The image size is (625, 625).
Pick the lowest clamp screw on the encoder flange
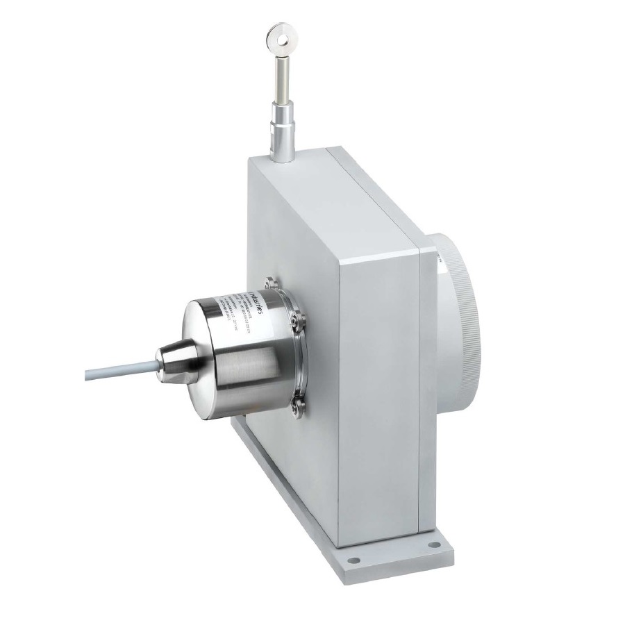[298, 407]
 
